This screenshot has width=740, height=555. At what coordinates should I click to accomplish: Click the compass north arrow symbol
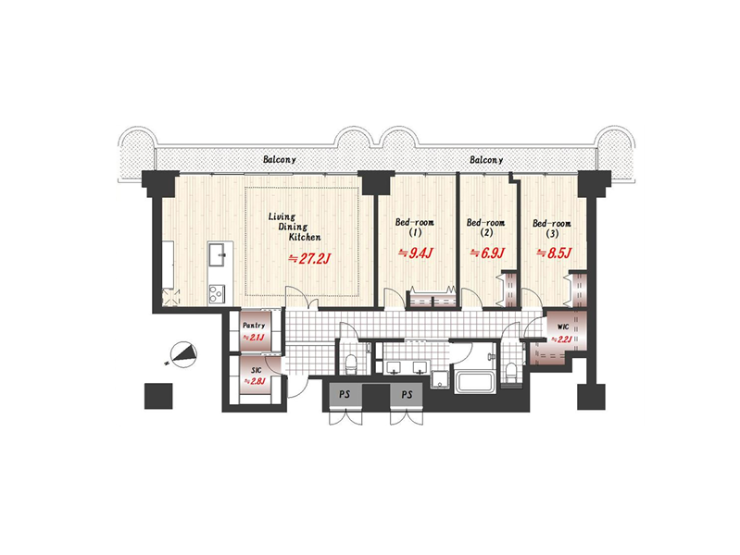coord(183,354)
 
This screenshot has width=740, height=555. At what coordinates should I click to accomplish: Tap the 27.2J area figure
coord(309,258)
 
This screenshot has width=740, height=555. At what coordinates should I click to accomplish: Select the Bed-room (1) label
coord(415,227)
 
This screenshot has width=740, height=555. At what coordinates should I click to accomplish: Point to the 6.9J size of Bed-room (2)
coord(487,253)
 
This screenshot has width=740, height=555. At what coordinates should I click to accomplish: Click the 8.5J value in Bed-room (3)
coord(554,253)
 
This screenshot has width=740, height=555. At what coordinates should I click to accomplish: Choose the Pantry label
coord(254,326)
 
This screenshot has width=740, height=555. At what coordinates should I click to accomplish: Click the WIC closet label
coord(562,327)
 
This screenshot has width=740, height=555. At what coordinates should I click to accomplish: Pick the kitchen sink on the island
coord(220,257)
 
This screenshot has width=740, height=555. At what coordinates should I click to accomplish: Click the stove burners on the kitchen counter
coord(217,295)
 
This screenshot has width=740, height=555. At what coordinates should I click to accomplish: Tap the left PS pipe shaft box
coord(345,395)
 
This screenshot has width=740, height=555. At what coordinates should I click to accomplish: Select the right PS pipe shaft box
coord(407,395)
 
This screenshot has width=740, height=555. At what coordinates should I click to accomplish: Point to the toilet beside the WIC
coord(510,373)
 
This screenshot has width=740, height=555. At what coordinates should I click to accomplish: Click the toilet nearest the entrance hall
coord(351,363)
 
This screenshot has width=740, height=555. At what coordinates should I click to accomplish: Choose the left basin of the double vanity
coord(394,367)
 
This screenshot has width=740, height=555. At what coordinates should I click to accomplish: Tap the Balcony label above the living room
coord(280,159)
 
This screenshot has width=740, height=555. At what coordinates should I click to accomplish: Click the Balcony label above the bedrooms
coord(486,160)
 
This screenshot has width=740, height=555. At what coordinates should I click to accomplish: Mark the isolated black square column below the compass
coord(158,396)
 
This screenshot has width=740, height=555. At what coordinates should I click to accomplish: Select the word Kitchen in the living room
coord(305,237)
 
